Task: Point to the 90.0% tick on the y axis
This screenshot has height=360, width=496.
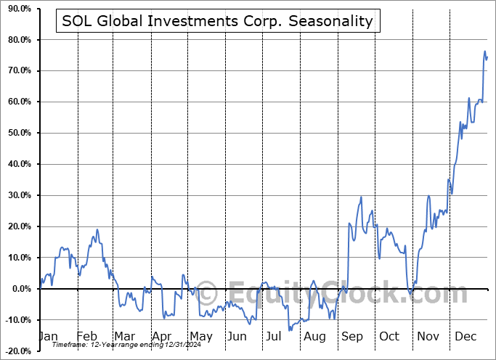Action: click(x=17, y=9)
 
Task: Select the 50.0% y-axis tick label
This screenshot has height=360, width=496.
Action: click(x=17, y=133)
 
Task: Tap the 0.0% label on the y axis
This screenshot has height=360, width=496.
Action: click(x=19, y=289)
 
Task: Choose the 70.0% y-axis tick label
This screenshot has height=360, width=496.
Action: click(x=17, y=70)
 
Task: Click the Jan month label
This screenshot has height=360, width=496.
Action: click(x=47, y=336)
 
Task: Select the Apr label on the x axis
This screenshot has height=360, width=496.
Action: click(x=162, y=336)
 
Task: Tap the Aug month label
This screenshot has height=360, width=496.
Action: click(x=314, y=336)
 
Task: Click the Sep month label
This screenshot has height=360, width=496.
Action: click(x=352, y=336)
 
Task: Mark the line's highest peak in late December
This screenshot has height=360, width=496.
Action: click(x=484, y=52)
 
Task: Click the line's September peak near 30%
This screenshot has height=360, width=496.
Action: click(x=361, y=197)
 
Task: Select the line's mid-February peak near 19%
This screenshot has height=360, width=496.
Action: click(x=97, y=230)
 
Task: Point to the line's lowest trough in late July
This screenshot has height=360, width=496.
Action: click(x=290, y=330)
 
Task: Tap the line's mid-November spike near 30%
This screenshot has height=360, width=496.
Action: click(x=428, y=196)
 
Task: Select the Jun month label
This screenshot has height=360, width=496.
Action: click(x=237, y=336)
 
